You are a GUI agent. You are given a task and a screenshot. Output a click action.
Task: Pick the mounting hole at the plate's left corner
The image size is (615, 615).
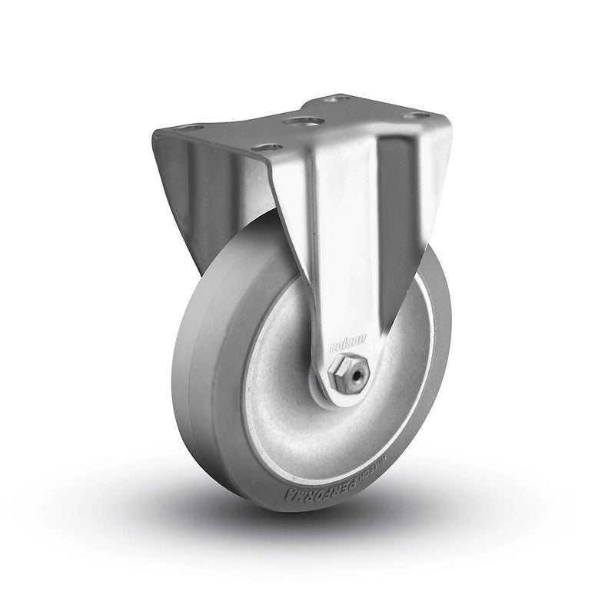click(191, 128)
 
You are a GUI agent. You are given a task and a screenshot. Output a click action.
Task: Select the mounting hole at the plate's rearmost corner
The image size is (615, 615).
click(334, 98)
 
